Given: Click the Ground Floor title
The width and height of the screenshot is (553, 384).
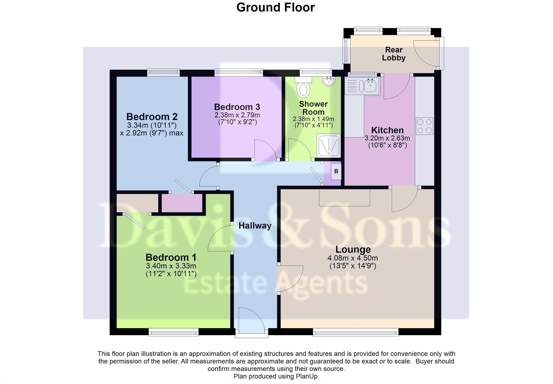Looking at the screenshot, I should [x=275, y=7].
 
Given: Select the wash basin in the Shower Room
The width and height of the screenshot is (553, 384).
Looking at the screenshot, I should [x=329, y=81].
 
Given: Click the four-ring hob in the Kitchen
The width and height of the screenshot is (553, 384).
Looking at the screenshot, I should [x=425, y=126].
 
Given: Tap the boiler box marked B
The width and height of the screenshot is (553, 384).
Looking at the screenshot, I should [x=336, y=171].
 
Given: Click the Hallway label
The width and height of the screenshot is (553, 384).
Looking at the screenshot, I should [x=255, y=226].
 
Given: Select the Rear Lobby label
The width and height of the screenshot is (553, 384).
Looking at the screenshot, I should [x=394, y=54].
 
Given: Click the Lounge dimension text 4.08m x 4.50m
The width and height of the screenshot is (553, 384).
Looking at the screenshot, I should [x=353, y=258].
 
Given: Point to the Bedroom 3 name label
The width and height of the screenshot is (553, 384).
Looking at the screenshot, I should [x=237, y=107].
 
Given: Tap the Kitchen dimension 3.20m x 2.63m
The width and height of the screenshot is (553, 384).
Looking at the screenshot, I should [x=387, y=138].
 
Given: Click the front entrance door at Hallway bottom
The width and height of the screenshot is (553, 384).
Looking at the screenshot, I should [x=251, y=320].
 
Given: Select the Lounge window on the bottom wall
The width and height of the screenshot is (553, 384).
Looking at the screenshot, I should [x=355, y=332].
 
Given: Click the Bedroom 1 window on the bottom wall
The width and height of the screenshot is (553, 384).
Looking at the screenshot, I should [x=173, y=332].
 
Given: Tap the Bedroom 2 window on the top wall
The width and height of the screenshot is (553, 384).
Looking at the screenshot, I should [x=163, y=72].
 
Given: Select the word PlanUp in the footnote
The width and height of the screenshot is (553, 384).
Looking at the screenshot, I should [x=307, y=377].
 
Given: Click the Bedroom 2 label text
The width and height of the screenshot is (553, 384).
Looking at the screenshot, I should [x=152, y=117].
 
